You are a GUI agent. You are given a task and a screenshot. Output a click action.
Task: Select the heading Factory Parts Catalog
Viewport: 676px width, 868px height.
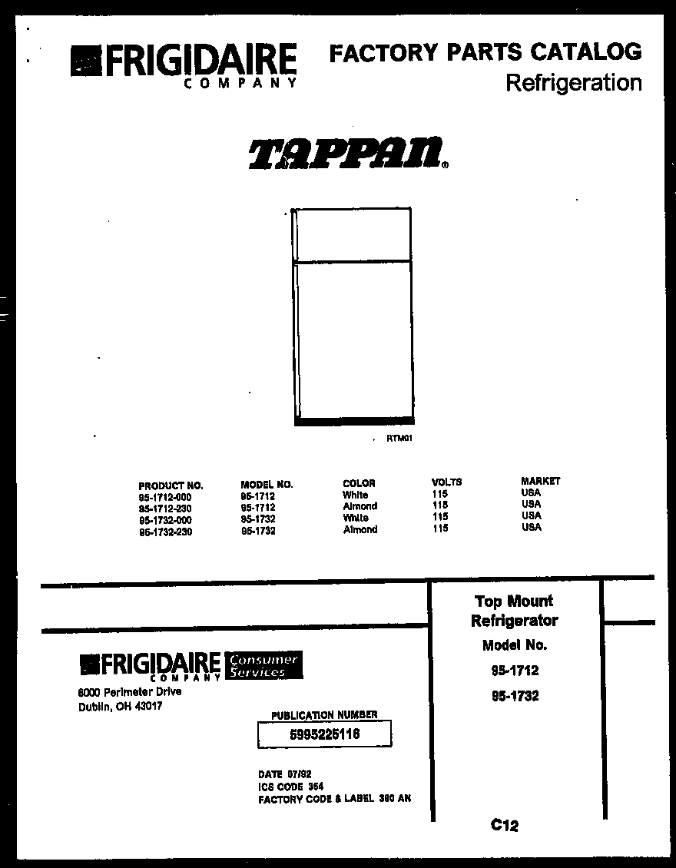(485, 52)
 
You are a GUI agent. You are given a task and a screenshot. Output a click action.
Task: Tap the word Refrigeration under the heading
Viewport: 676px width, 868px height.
(573, 83)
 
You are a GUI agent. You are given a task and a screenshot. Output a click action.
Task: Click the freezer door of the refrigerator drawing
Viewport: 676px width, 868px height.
(353, 235)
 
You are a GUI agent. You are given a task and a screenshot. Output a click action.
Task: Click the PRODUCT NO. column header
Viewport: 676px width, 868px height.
(171, 485)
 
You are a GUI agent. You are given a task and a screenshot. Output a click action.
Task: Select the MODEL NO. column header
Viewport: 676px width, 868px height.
(267, 485)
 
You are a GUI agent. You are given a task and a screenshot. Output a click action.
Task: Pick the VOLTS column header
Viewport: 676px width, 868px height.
(446, 482)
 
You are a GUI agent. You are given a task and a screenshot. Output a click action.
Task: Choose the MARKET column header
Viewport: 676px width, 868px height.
(541, 481)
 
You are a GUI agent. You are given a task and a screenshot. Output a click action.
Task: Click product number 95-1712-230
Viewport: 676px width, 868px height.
(165, 509)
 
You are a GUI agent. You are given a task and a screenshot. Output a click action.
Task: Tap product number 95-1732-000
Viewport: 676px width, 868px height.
(165, 520)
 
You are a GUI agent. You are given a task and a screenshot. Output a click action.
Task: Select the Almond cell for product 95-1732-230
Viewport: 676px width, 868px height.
(360, 529)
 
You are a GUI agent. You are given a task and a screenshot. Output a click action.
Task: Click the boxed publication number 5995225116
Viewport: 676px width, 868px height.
(325, 735)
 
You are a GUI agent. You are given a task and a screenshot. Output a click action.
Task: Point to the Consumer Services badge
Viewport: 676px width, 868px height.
(262, 666)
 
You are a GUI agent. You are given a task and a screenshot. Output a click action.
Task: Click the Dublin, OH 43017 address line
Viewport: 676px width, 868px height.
(121, 707)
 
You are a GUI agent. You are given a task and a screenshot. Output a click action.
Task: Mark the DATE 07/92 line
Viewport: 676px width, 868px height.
(285, 774)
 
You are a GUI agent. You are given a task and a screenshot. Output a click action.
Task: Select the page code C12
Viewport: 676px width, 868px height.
(505, 826)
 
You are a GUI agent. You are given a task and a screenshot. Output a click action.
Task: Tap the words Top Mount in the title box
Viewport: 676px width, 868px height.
(513, 601)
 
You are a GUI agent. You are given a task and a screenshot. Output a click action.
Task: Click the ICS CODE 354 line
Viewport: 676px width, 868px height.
(291, 787)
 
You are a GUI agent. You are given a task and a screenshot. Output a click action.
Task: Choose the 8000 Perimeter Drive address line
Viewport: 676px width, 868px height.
(130, 692)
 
